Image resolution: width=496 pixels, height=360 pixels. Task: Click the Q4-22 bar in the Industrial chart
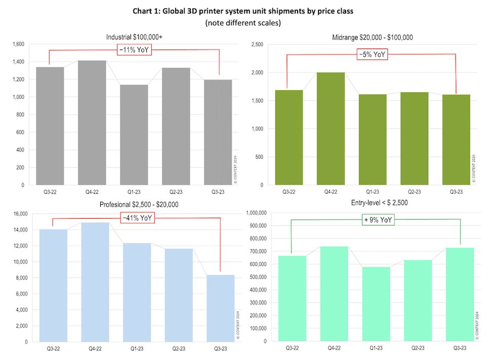(92, 123)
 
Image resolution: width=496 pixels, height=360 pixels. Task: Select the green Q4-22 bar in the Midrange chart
(330, 129)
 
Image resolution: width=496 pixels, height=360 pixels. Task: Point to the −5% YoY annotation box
(371, 55)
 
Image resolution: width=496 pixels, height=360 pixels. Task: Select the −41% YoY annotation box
(137, 218)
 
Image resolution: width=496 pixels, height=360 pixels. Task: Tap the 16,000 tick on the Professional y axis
(21, 214)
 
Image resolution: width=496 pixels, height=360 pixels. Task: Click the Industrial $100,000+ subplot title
(134, 37)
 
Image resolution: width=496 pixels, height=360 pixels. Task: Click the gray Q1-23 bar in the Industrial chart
(134, 135)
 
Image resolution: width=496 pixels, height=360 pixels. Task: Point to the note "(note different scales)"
(246, 23)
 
